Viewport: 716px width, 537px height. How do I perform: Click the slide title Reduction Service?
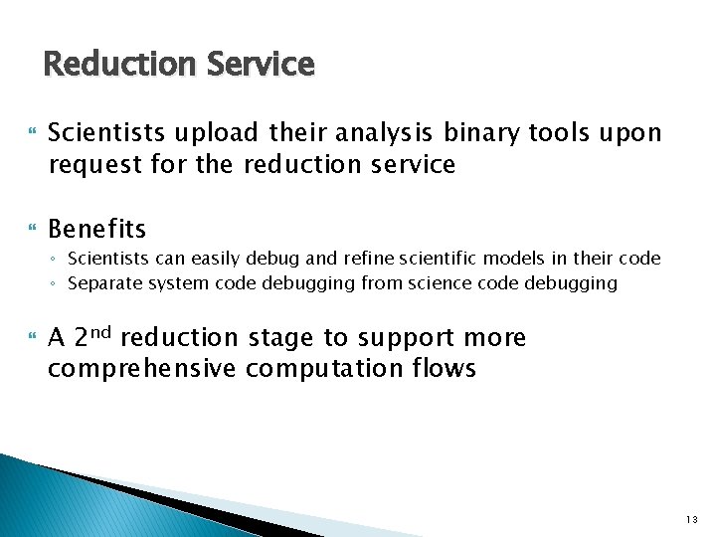click(x=179, y=65)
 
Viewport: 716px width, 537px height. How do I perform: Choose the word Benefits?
click(x=97, y=230)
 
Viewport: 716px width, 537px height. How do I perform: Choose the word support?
click(x=406, y=338)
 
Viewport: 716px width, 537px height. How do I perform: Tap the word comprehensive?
click(x=142, y=369)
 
